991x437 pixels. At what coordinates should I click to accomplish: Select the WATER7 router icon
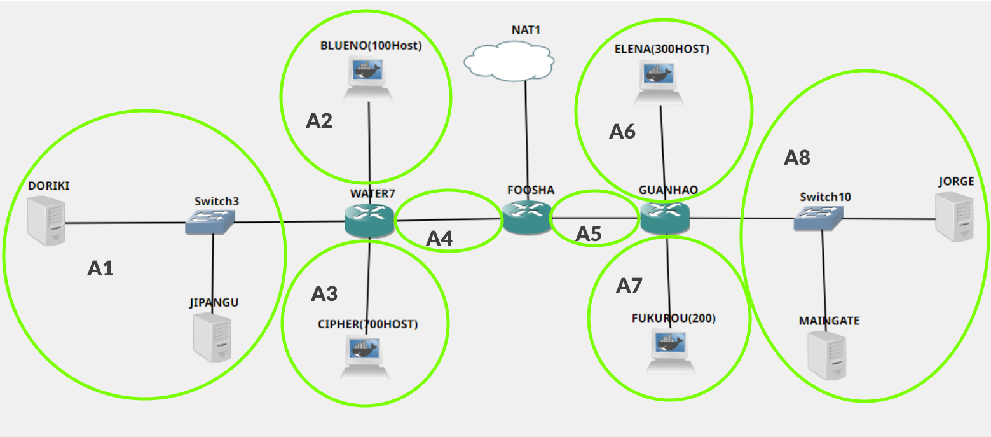pos(369,220)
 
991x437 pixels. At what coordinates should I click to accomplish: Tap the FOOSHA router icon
pos(526,217)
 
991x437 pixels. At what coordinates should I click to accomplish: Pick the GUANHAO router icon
pos(664,217)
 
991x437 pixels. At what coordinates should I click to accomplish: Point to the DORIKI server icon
pos(46,220)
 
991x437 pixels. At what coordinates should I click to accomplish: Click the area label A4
pos(439,239)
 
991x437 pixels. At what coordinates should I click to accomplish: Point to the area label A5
pos(588,234)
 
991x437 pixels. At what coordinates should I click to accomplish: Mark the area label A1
pos(100,269)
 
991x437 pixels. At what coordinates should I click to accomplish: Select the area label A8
pos(796,158)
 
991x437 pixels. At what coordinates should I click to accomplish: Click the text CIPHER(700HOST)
pos(368,324)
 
